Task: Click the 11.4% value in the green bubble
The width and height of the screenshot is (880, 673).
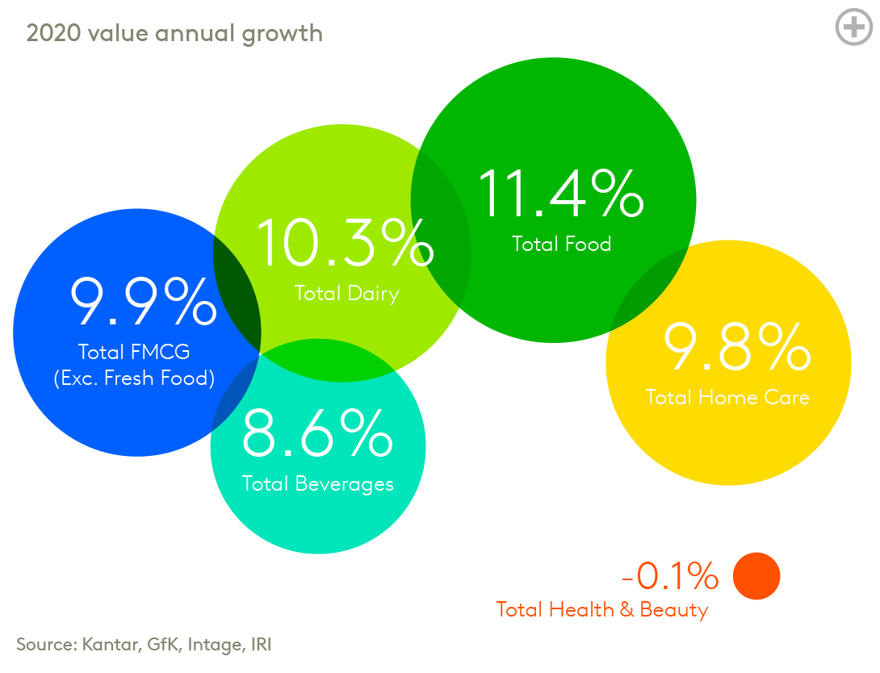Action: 559,194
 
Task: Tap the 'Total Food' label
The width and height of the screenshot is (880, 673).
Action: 562,244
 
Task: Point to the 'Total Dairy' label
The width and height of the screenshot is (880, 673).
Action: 346,293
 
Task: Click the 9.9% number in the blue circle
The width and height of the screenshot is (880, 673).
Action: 143,302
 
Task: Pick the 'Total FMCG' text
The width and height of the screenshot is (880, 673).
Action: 134,352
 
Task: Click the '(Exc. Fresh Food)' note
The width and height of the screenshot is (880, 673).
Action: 134,378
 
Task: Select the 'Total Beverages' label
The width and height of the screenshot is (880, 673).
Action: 318,483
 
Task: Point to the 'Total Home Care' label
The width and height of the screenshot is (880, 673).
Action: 727,397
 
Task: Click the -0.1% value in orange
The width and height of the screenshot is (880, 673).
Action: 669,576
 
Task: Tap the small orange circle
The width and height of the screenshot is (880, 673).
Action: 756,576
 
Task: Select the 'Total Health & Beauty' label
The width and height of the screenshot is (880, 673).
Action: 601,609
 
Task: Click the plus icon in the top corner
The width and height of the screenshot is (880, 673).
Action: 853,27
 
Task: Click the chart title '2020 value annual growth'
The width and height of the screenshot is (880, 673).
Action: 174,33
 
